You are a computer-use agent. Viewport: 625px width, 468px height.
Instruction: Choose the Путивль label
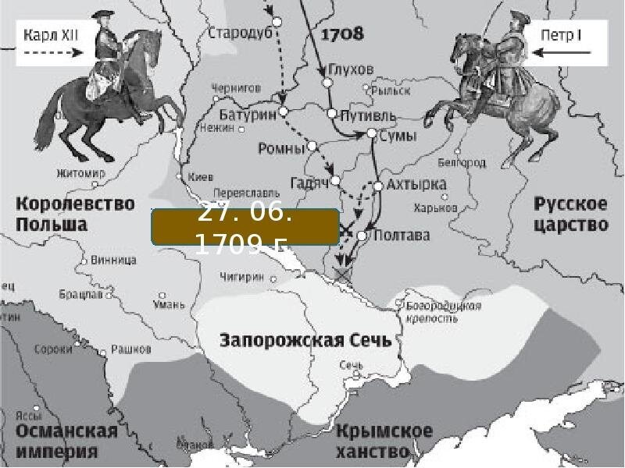(x=368, y=115)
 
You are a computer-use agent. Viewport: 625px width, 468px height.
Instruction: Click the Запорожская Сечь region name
(x=306, y=341)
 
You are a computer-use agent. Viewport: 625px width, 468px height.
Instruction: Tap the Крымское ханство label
(x=384, y=441)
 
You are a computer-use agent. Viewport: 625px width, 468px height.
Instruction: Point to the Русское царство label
(x=571, y=214)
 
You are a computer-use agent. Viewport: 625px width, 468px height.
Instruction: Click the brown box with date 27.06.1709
(x=245, y=228)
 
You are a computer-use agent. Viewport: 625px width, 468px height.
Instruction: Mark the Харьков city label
(x=435, y=208)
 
